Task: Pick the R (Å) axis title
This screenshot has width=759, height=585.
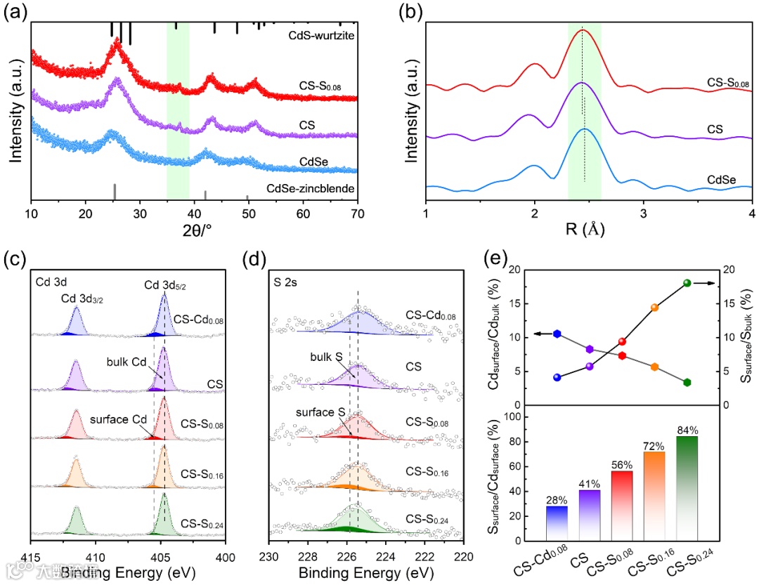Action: pos(588,229)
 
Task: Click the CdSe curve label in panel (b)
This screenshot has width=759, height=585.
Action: pos(723,180)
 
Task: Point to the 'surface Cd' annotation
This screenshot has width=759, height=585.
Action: pos(118,420)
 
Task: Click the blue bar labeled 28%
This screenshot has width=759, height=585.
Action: pos(557,523)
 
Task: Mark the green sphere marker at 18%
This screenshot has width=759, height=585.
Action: pos(687,283)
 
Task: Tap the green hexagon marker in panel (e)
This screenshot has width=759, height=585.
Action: pos(687,382)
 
